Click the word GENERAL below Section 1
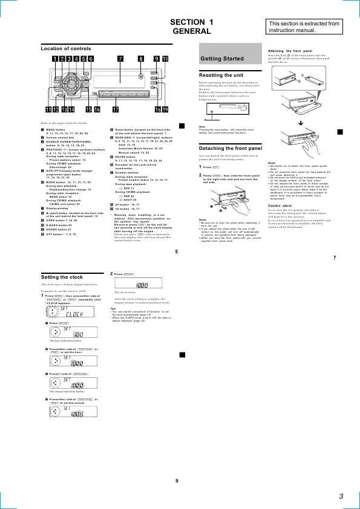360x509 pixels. coord(188,31)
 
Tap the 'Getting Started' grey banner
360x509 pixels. coord(222,59)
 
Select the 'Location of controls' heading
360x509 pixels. coord(66,48)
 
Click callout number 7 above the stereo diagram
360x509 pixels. coord(120,59)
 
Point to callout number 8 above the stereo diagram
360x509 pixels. coord(141,59)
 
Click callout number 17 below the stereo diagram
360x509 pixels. coord(114,109)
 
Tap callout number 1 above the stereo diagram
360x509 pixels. coord(54,59)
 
